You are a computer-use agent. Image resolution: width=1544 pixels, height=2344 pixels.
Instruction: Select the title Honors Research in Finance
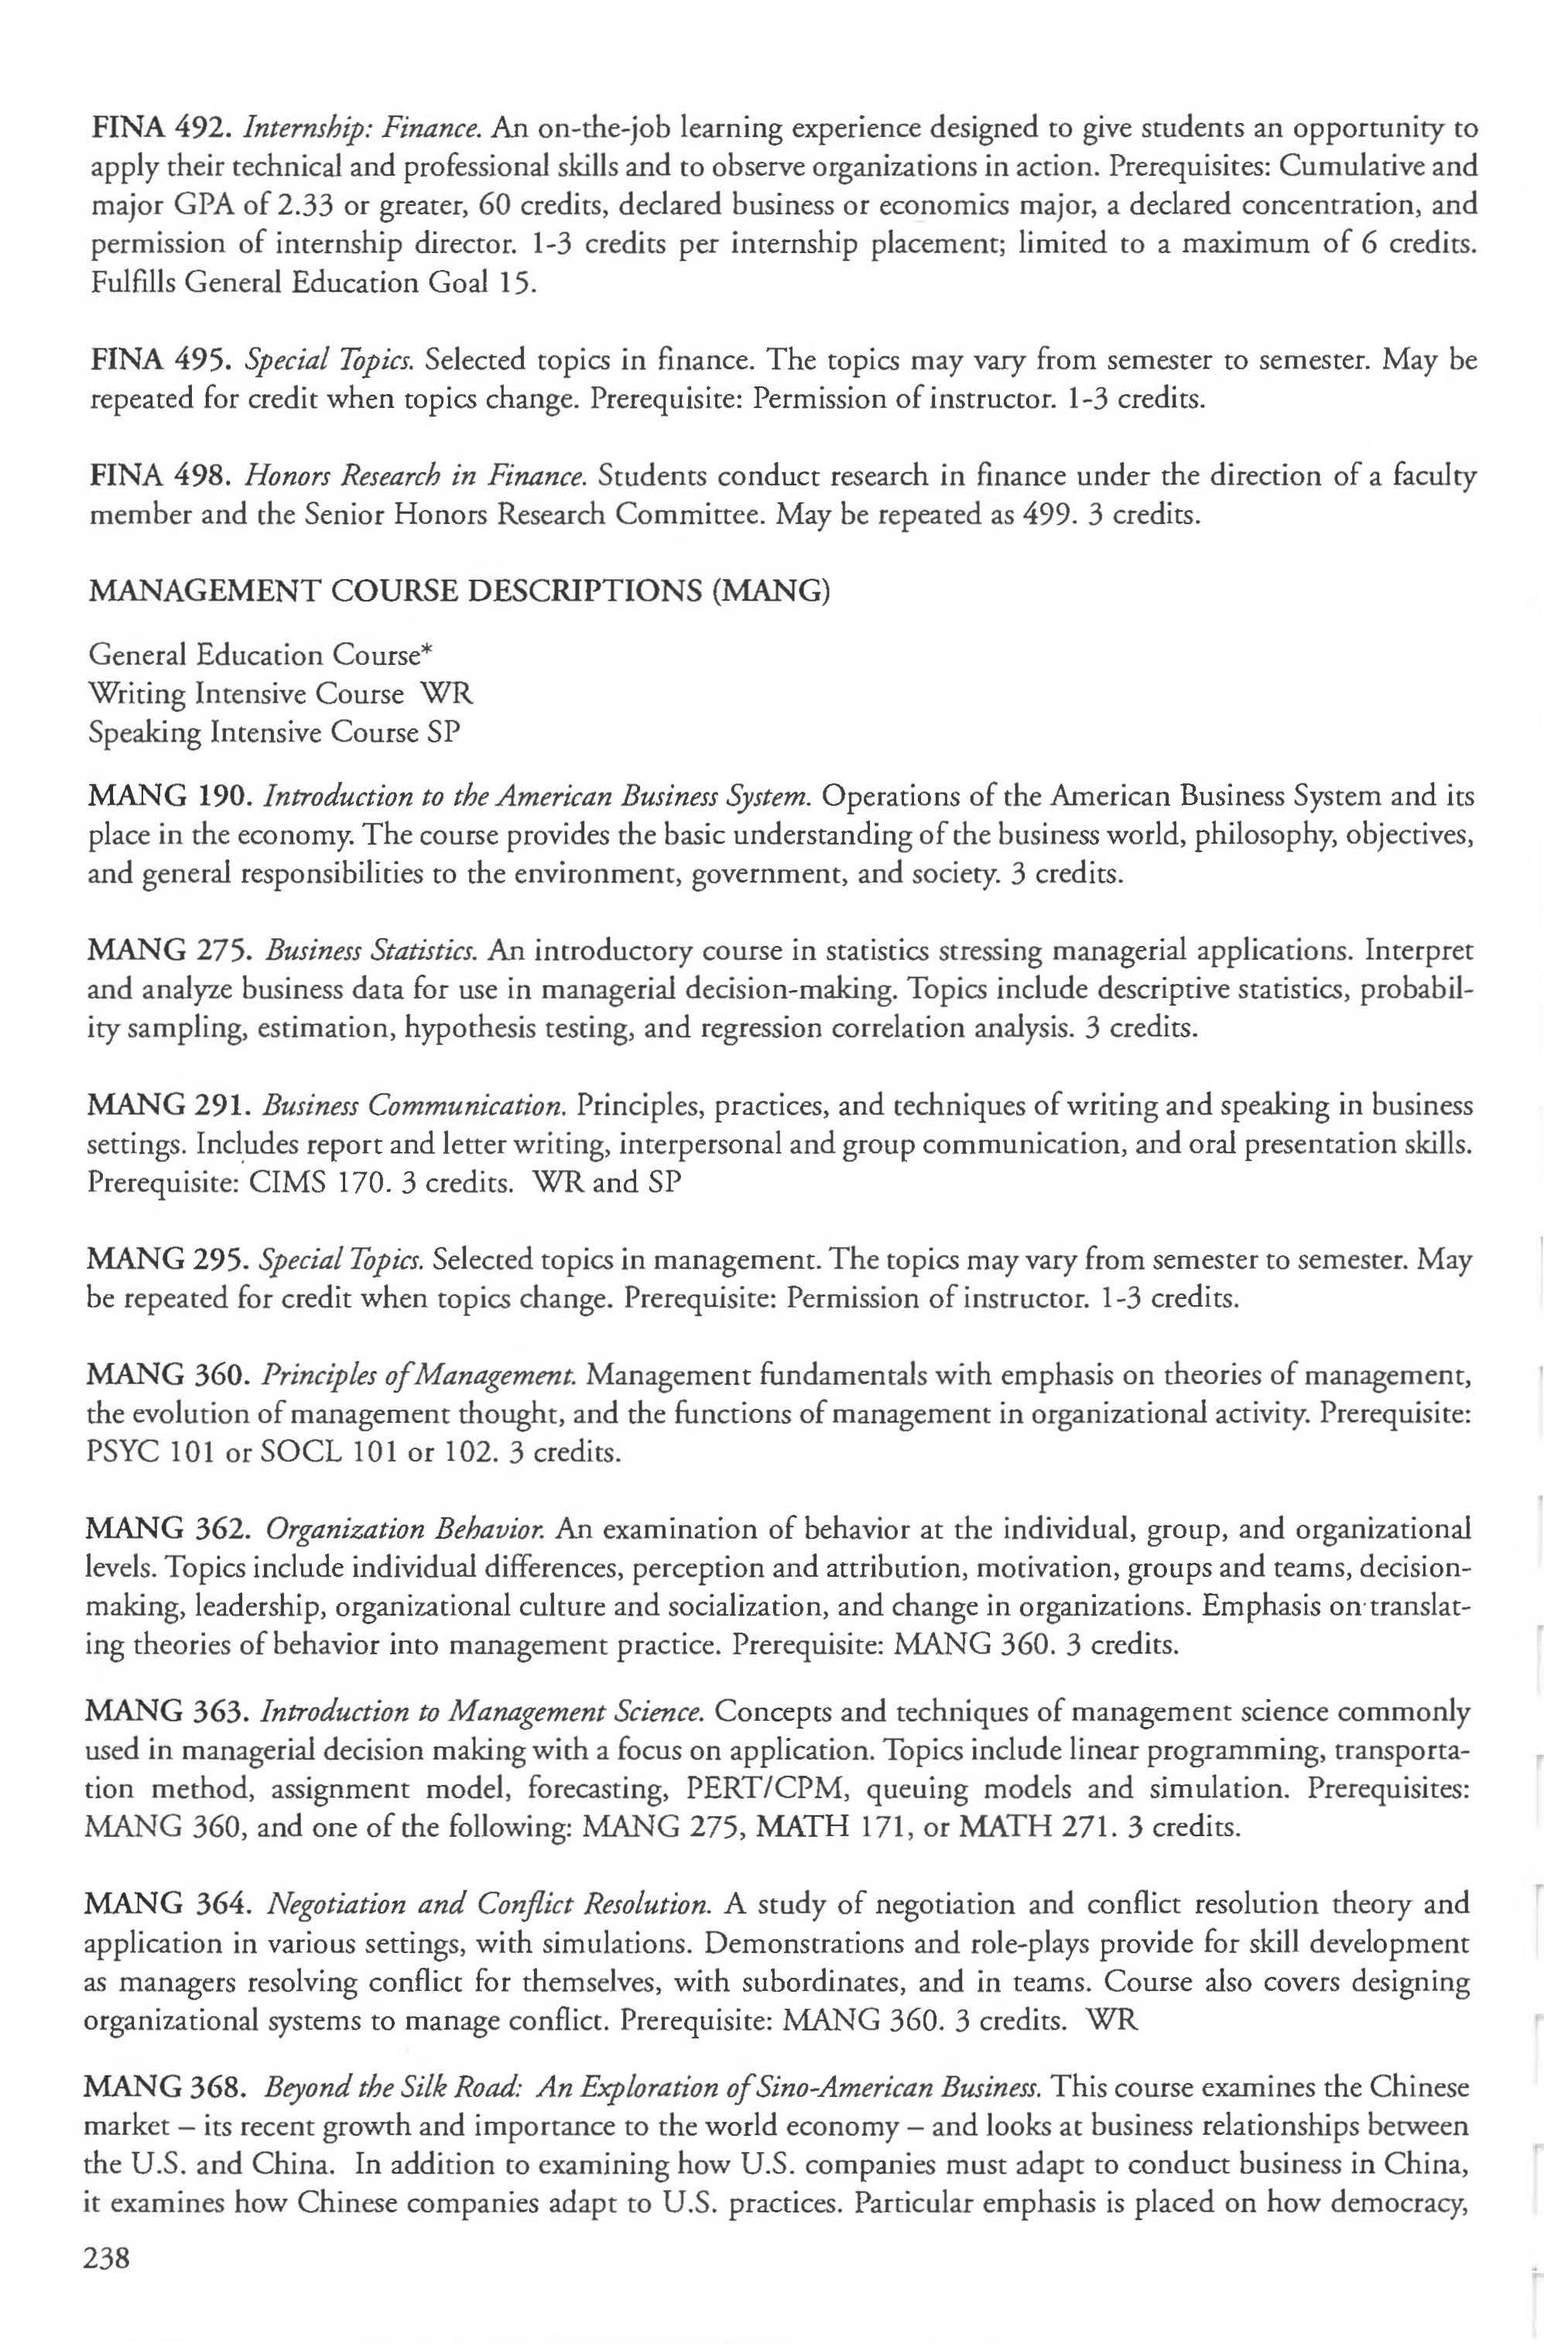coord(416,476)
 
